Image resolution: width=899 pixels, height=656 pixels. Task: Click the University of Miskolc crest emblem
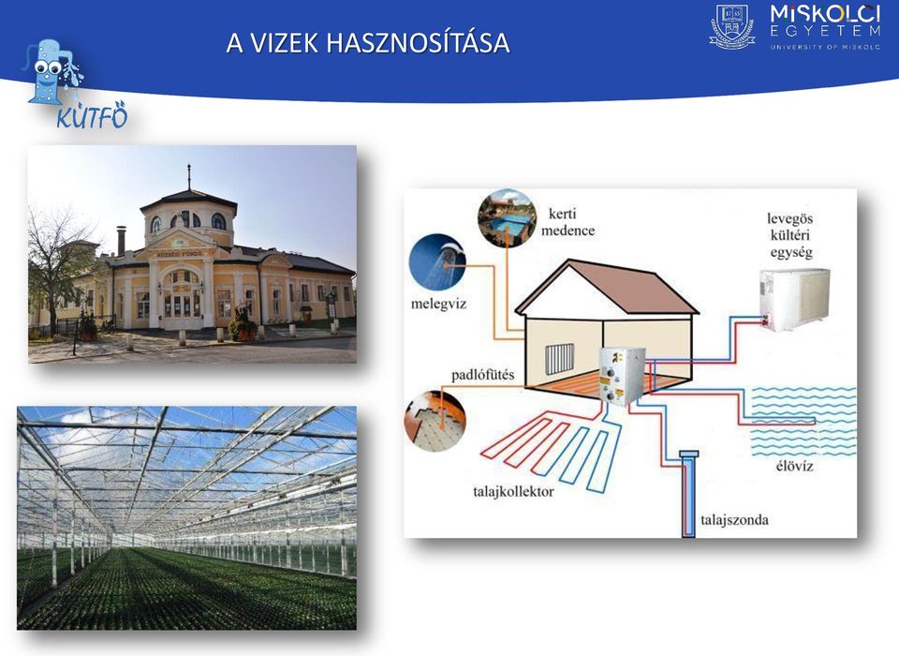(x=732, y=26)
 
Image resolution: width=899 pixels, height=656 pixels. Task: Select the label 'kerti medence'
(x=567, y=222)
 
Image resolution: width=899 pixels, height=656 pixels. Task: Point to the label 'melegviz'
(x=438, y=304)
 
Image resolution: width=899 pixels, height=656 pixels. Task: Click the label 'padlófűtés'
(x=483, y=376)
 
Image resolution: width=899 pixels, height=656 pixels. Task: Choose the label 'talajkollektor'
(x=513, y=492)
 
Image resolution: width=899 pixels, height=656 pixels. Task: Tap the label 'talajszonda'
(x=734, y=520)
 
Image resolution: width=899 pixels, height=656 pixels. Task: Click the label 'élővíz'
(x=795, y=466)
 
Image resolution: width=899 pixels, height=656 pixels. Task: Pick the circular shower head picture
(x=437, y=262)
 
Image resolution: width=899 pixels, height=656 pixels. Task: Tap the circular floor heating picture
(x=435, y=420)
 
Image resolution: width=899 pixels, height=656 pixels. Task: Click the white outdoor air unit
(x=795, y=299)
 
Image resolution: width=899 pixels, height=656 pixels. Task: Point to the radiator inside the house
(x=559, y=359)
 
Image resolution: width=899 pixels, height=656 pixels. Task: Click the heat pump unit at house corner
(x=622, y=376)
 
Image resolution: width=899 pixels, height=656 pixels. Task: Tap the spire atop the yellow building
(x=188, y=177)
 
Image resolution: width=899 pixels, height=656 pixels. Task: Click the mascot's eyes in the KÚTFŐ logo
(x=48, y=68)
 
